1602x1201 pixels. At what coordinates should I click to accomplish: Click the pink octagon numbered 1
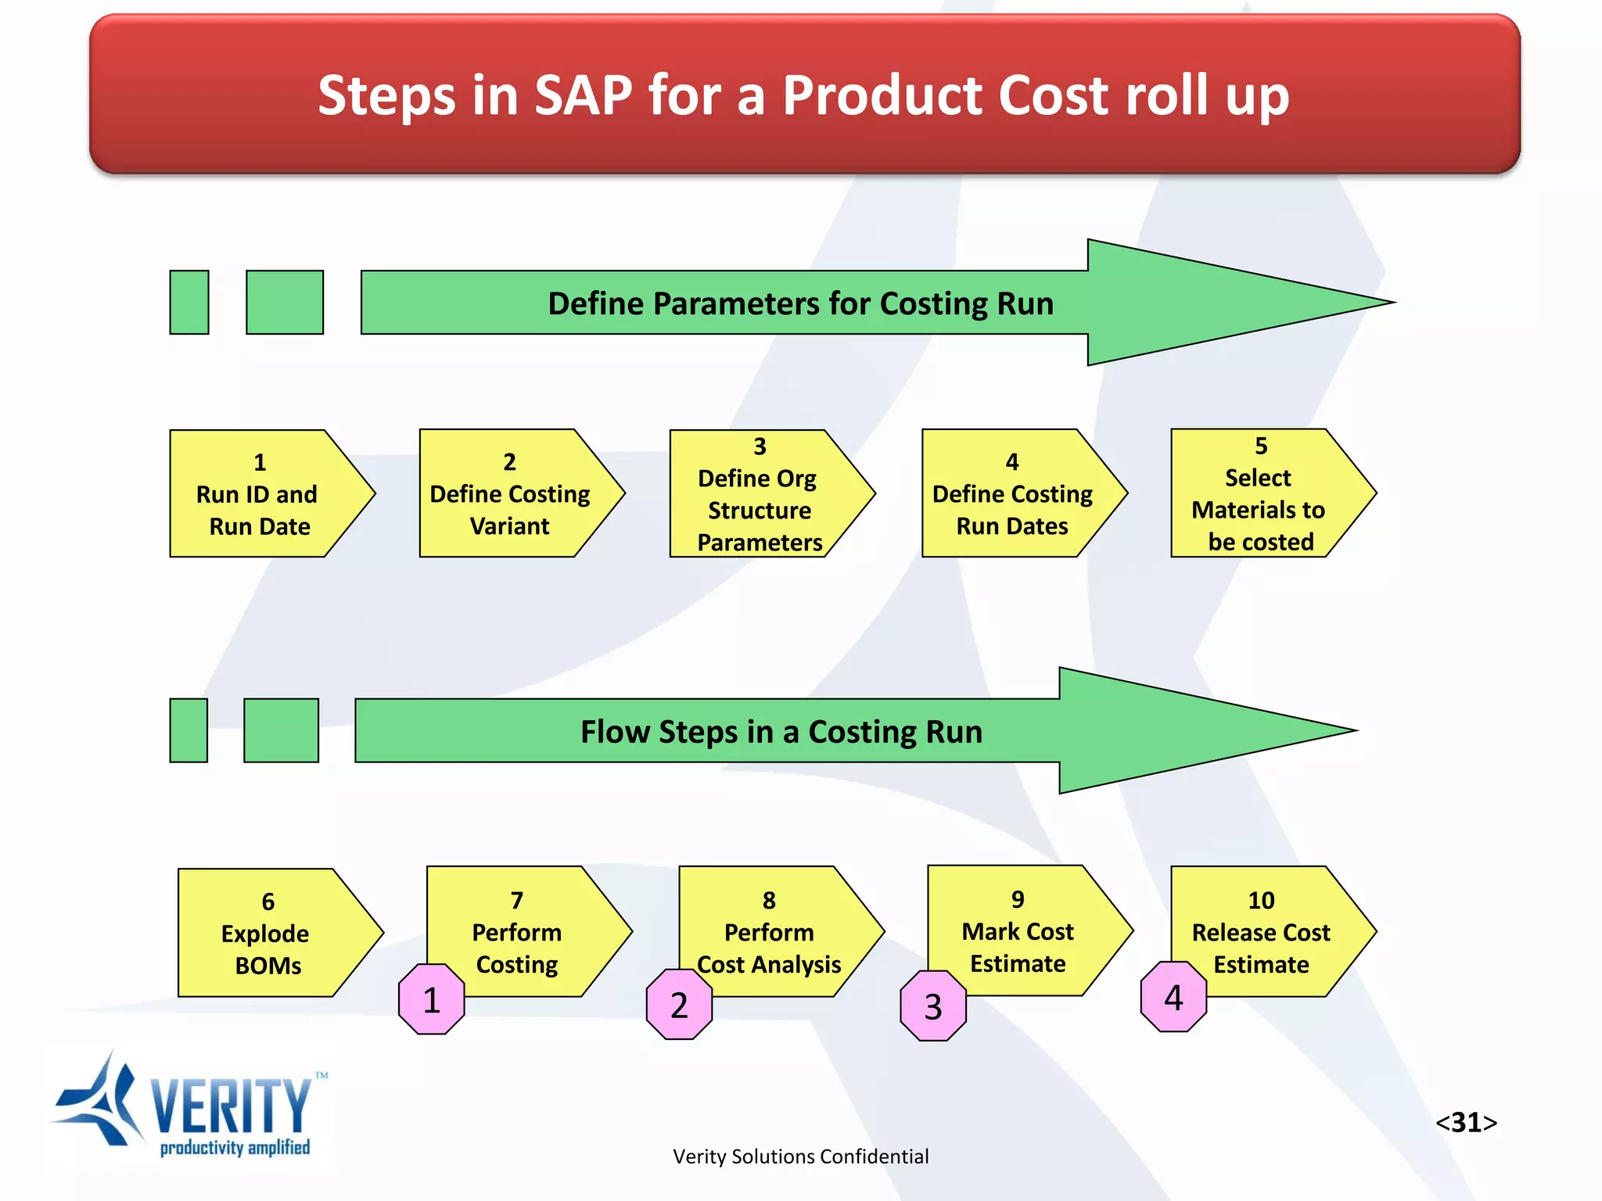click(x=432, y=999)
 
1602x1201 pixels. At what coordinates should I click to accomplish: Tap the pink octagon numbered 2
click(x=679, y=1005)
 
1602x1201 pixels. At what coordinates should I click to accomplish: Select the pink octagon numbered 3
click(x=933, y=1006)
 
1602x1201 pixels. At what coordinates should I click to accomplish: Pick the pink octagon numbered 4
click(x=1173, y=997)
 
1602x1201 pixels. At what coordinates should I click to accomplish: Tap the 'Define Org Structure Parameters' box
click(x=760, y=494)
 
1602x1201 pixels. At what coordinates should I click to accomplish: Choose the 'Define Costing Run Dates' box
click(x=1012, y=494)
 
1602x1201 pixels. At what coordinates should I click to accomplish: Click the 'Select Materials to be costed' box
click(x=1260, y=494)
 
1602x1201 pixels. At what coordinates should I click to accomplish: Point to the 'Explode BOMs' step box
click(x=268, y=933)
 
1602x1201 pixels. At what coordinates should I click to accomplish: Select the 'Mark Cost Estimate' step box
click(x=1018, y=930)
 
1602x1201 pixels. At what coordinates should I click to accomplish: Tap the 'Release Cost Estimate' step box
click(x=1261, y=932)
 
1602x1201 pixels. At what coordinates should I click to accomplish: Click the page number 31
click(x=1466, y=1122)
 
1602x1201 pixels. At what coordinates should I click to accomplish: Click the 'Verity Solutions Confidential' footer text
click(x=800, y=1156)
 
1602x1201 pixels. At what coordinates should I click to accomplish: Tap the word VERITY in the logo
click(x=231, y=1106)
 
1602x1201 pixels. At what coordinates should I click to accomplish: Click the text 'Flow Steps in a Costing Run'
click(x=781, y=732)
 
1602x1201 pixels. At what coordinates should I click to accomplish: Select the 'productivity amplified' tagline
click(x=235, y=1148)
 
